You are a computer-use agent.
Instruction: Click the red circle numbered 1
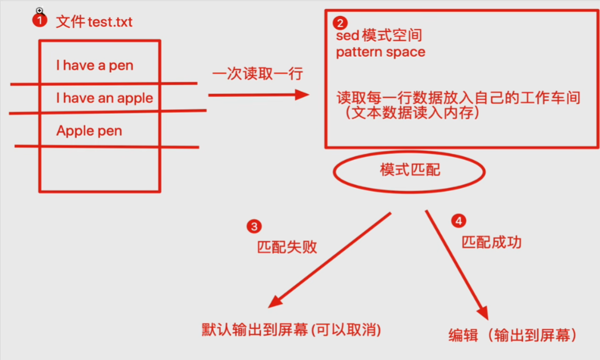click(39, 20)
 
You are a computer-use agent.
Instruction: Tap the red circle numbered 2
click(340, 23)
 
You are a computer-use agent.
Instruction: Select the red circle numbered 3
click(254, 226)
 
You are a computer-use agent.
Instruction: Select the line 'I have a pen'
click(94, 65)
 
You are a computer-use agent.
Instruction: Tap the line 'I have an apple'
click(105, 98)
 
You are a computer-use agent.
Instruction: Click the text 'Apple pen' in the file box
click(89, 131)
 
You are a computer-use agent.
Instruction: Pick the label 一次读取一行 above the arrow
click(258, 75)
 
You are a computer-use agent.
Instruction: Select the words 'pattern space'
click(380, 52)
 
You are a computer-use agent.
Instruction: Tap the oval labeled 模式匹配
click(409, 170)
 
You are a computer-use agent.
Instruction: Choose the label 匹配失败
click(287, 248)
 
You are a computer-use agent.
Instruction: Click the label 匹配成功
click(491, 242)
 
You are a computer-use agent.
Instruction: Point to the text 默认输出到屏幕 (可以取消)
click(291, 329)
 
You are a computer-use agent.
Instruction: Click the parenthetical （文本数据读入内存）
click(412, 113)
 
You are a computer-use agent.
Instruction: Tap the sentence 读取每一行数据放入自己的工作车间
click(458, 98)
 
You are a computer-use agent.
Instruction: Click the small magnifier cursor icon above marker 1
click(39, 10)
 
